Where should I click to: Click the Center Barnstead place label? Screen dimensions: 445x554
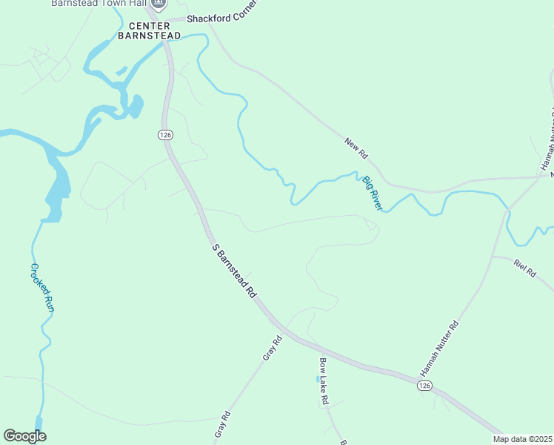tap(149, 29)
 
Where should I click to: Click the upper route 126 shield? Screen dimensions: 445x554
tap(165, 134)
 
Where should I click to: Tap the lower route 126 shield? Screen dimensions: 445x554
tap(424, 386)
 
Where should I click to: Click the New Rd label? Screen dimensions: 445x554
tap(356, 148)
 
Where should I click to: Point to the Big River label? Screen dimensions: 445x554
tap(372, 192)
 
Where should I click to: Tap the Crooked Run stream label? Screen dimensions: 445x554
tap(42, 287)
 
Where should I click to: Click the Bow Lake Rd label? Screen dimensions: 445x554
tap(324, 380)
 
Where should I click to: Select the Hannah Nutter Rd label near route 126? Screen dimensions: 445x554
tap(440, 347)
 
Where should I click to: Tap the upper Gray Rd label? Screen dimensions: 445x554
tap(273, 348)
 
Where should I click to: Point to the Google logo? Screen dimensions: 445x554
tap(24, 436)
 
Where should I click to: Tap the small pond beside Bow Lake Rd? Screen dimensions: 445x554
tap(318, 379)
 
